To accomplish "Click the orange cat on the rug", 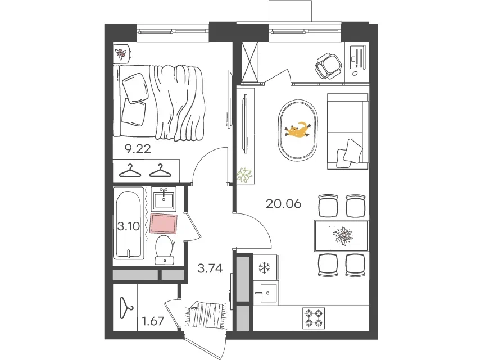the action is [x=297, y=130].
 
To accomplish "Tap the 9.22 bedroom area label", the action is [x=138, y=149].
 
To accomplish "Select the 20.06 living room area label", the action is [x=283, y=204].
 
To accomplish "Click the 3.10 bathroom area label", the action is [x=129, y=226].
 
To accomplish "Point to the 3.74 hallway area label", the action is [x=210, y=268].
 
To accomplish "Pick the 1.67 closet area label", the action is [x=153, y=321].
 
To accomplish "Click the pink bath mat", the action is [x=164, y=224].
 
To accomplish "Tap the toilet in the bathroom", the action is [x=165, y=249].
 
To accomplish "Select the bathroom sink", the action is [x=164, y=199].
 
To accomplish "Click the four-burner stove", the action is [x=314, y=318].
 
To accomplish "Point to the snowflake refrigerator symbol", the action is [x=264, y=268].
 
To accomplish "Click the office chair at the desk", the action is [x=328, y=66].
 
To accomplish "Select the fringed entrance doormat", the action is [x=205, y=314].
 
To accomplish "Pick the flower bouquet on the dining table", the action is [x=342, y=236].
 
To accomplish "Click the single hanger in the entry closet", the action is [x=126, y=308].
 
